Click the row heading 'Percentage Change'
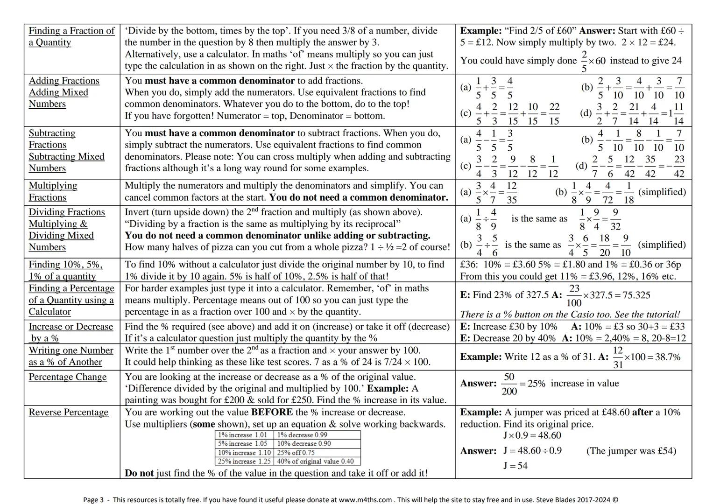[x=68, y=377]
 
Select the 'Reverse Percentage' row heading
[x=69, y=413]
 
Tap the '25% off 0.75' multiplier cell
[x=296, y=453]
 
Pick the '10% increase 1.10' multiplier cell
[x=244, y=453]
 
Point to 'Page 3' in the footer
[x=93, y=500]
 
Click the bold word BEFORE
[x=272, y=413]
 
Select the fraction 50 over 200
[x=509, y=384]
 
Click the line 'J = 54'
[x=515, y=466]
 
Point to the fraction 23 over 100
[x=574, y=295]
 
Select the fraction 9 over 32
[x=615, y=219]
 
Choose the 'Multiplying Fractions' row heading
[x=53, y=191]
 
